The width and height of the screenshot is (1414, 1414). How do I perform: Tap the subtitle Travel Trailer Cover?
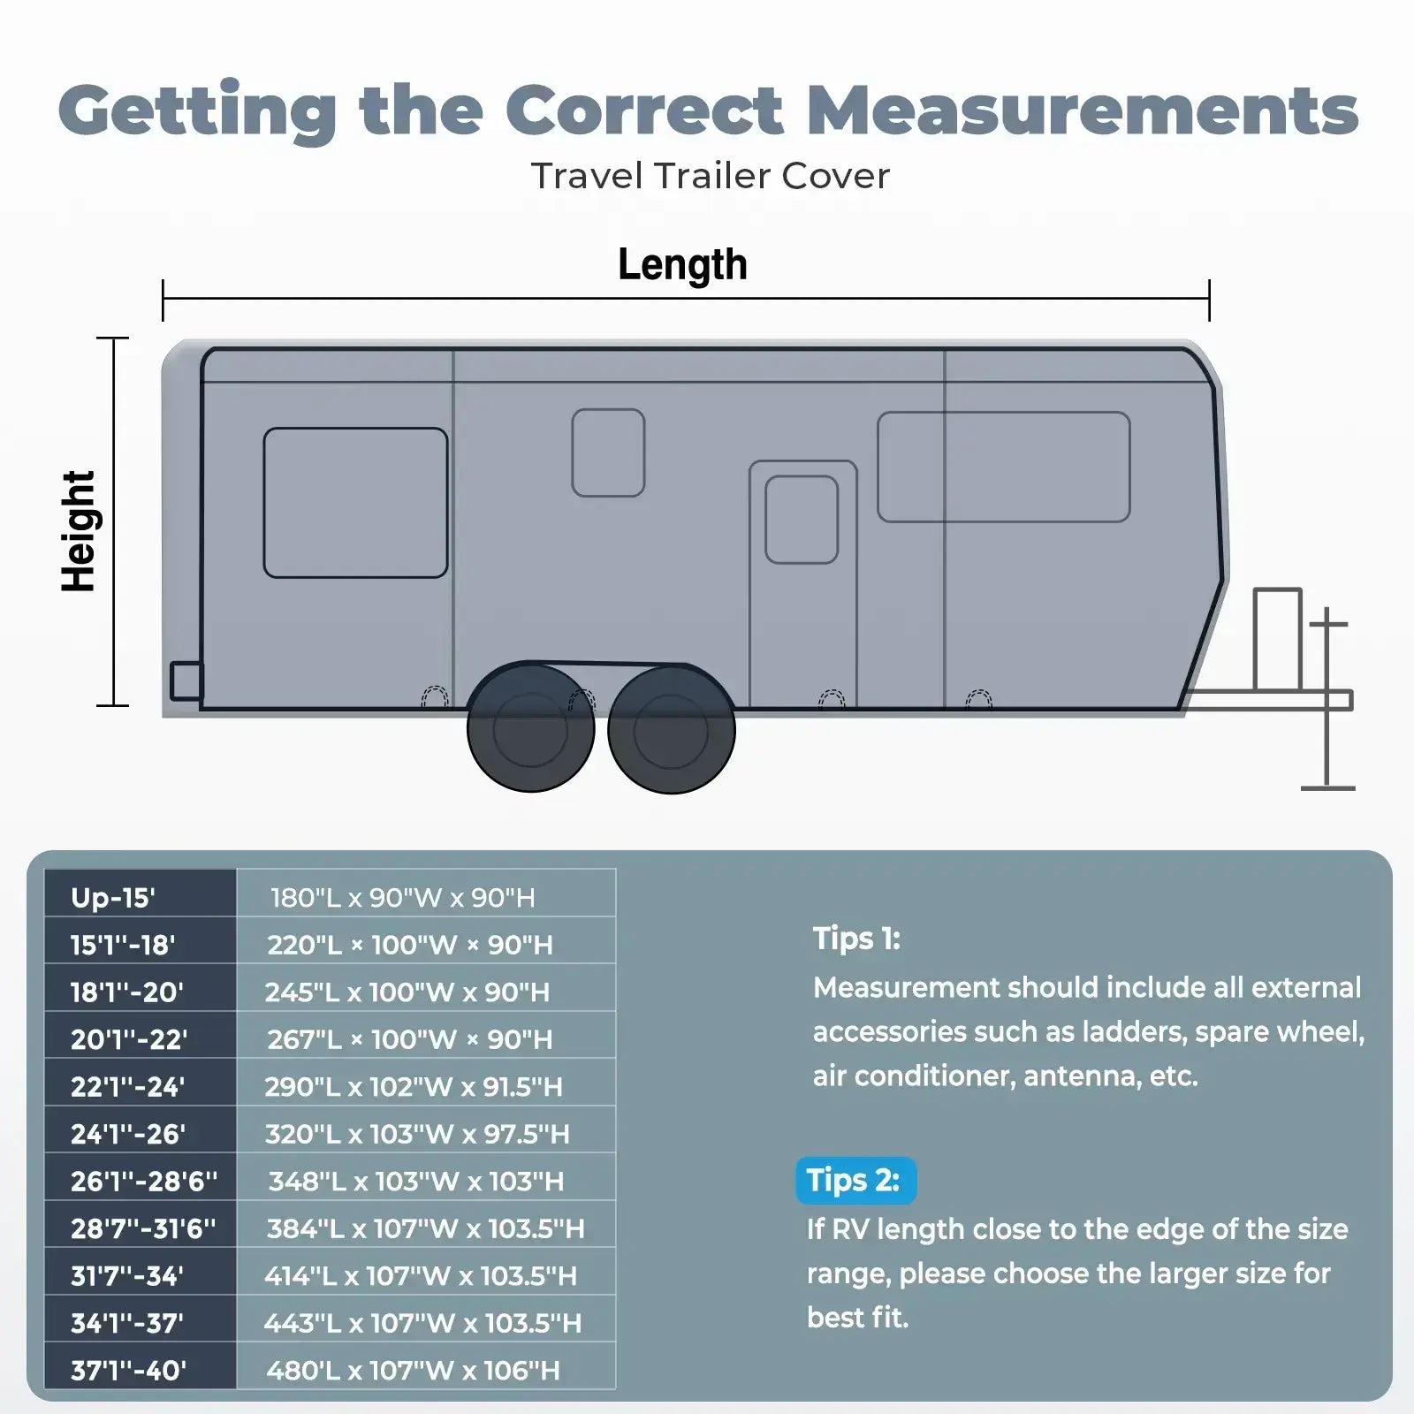[x=710, y=176]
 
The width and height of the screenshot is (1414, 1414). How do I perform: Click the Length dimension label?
[x=682, y=264]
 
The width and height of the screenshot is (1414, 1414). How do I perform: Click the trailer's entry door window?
[x=802, y=520]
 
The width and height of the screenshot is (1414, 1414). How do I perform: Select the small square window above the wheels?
[x=608, y=452]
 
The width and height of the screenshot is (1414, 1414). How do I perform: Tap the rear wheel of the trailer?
[x=530, y=728]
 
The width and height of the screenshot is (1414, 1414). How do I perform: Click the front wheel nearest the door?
[x=672, y=730]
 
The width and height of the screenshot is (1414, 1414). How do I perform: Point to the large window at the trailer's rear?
[x=355, y=503]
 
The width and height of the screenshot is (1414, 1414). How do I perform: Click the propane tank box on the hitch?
[x=1277, y=639]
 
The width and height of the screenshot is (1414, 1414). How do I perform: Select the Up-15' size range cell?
[x=113, y=898]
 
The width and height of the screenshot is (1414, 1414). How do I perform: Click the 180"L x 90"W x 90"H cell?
[x=403, y=898]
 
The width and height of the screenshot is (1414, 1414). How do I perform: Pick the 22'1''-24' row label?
[x=127, y=1086]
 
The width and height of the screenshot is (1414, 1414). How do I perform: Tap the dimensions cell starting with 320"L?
[x=417, y=1134]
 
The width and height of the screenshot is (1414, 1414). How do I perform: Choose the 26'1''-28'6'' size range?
[x=143, y=1181]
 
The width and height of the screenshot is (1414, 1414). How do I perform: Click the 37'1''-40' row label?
[x=128, y=1370]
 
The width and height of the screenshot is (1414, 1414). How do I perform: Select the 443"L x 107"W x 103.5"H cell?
[x=422, y=1323]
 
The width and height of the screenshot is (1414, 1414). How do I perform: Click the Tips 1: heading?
[x=856, y=939]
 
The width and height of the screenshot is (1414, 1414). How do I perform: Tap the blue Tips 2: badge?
[x=855, y=1181]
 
